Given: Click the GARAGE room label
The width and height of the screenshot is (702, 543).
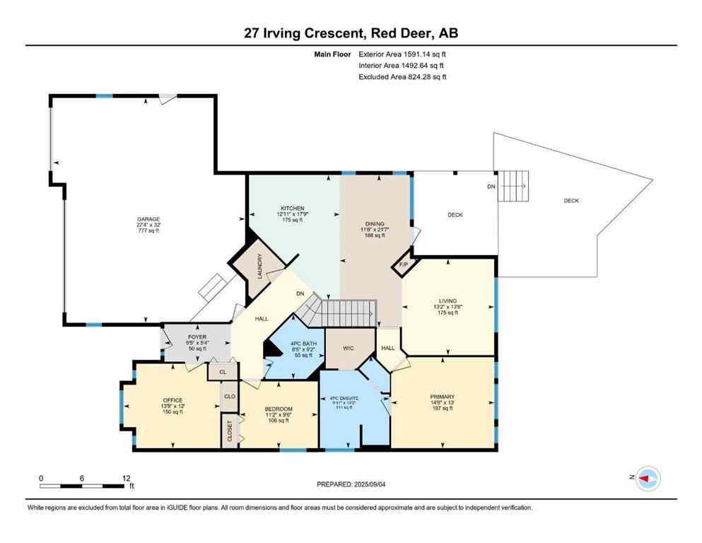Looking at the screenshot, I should (148, 219).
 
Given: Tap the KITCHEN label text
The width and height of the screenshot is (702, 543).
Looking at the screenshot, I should (290, 209).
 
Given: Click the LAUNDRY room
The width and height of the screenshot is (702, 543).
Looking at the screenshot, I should (259, 267).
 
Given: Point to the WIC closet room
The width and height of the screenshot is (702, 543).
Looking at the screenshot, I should (348, 347).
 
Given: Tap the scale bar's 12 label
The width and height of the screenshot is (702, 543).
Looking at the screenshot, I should (127, 478).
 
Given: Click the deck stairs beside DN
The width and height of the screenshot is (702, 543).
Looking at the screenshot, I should (513, 186).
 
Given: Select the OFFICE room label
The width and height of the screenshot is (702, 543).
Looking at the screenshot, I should (172, 400).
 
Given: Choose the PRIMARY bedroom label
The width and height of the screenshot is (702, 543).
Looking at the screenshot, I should (441, 397).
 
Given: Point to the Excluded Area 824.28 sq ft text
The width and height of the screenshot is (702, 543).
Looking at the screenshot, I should (402, 76).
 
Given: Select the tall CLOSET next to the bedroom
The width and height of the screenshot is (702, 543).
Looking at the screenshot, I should (230, 431).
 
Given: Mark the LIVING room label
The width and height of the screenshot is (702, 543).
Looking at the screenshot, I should (447, 300).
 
